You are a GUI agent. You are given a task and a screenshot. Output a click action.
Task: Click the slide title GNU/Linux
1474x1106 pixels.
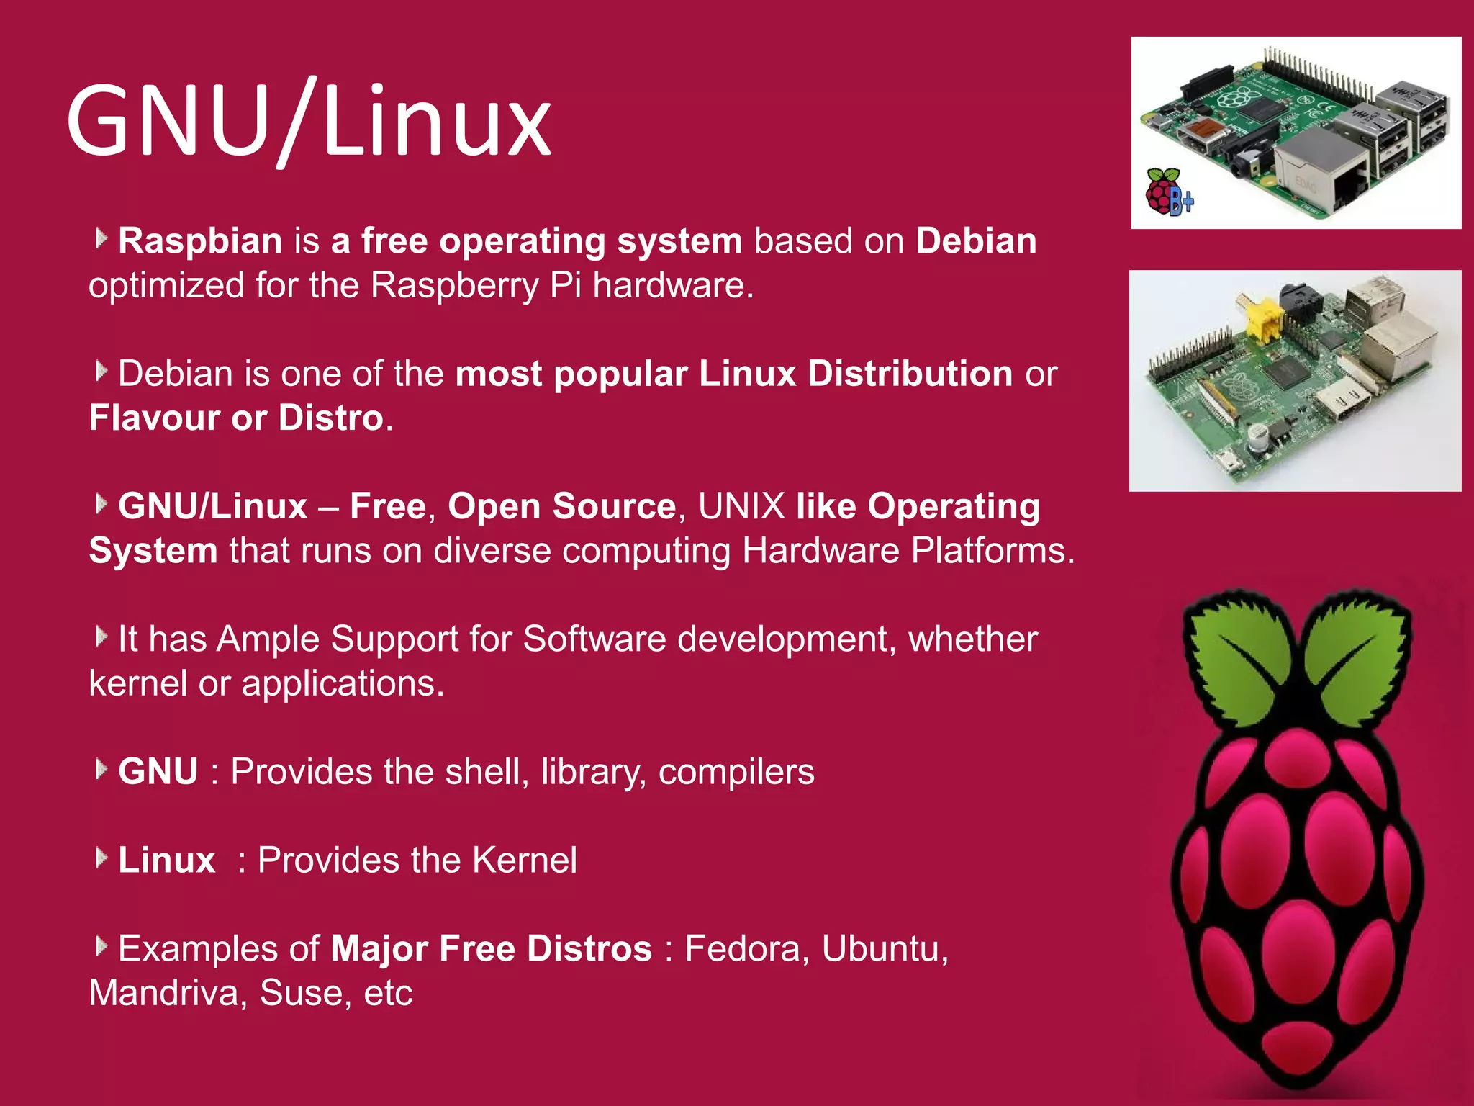(308, 121)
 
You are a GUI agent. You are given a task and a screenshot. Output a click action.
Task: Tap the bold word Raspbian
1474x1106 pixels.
(200, 240)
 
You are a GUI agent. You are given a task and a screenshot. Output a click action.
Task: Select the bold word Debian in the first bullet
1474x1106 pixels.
(976, 240)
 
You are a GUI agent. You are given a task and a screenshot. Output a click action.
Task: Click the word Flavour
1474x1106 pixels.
(154, 418)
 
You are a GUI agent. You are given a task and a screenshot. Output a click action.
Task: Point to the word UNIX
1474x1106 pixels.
(741, 506)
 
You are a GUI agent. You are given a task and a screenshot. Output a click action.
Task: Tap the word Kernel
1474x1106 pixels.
(525, 860)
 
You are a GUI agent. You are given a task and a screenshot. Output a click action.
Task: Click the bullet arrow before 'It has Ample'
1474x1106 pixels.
(101, 637)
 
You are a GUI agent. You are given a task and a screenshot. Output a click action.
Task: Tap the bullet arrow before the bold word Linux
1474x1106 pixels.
(101, 858)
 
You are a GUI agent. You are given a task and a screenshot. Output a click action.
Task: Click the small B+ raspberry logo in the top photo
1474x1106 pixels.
(1167, 192)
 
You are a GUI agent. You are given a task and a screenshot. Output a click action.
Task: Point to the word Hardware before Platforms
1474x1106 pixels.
(820, 551)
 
